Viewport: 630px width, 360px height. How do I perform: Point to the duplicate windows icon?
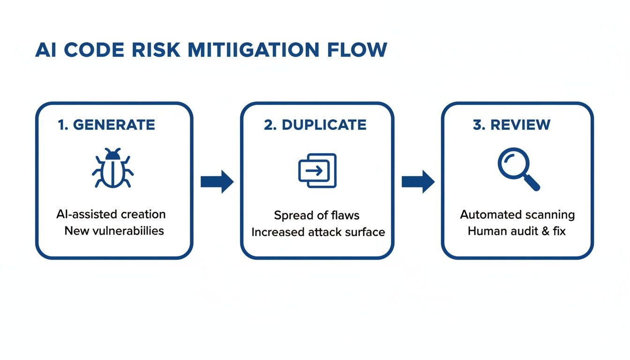point(317,171)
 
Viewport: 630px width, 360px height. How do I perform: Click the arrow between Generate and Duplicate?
point(217,181)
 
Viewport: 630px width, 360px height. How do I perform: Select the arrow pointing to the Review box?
point(418,181)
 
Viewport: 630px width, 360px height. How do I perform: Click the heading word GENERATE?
point(114,125)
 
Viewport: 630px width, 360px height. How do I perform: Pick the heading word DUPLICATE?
point(324,125)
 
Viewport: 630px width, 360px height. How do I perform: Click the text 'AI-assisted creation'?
point(111,214)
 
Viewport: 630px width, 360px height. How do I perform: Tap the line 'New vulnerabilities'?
point(114,231)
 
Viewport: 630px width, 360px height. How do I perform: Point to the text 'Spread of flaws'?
point(317,215)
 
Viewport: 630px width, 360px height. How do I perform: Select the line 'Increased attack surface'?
point(318,232)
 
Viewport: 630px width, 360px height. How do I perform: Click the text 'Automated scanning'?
point(517,215)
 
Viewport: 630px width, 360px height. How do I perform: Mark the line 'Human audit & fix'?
point(517,231)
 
